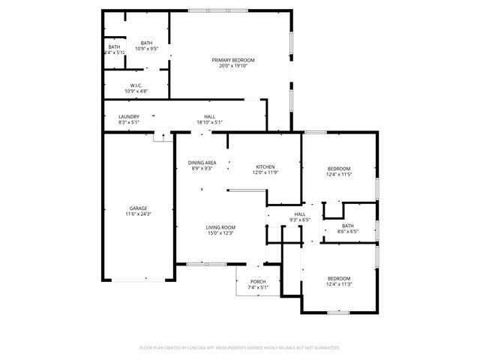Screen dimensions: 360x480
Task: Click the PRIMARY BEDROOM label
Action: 232,60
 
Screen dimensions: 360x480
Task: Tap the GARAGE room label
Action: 138,208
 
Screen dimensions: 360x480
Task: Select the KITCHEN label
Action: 265,166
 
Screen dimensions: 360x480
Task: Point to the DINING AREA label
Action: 202,163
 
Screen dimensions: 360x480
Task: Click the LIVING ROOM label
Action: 221,227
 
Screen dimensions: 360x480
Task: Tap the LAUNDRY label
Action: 129,116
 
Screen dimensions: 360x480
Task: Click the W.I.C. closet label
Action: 136,85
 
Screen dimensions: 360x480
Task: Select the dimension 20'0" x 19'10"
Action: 232,66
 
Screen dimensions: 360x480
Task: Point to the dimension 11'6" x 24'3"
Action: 138,214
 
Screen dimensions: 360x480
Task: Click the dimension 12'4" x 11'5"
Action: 339,174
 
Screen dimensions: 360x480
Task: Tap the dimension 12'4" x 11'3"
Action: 339,284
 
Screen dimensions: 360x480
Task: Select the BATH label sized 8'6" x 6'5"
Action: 347,226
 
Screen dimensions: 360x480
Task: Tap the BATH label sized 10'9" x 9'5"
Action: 146,43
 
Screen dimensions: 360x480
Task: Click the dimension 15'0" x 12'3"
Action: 221,233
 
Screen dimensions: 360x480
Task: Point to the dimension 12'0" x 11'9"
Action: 265,172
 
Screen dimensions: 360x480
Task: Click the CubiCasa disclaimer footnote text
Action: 240,347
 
